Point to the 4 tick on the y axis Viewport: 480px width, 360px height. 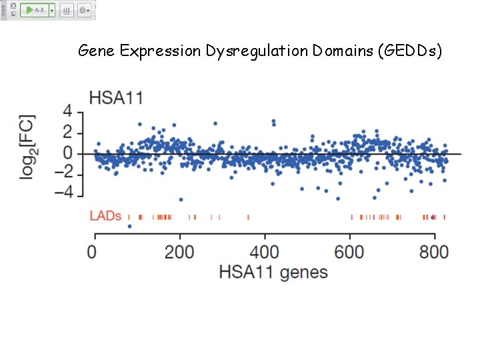click(67, 111)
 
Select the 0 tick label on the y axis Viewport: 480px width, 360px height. click(67, 153)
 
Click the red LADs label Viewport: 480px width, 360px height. click(106, 216)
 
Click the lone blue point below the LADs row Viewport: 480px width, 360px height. click(129, 227)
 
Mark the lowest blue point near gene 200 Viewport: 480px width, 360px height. click(181, 199)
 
